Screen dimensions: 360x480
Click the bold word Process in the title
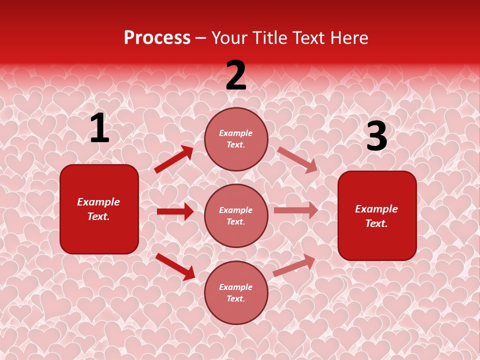[x=157, y=38]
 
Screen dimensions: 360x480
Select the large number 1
[x=99, y=128]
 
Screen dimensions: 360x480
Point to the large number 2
[x=236, y=76]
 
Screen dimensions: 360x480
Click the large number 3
[x=376, y=136]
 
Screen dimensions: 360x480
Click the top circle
[x=236, y=139]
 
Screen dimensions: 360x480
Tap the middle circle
[x=236, y=215]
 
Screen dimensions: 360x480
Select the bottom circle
[x=236, y=292]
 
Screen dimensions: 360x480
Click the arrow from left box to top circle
[x=173, y=159]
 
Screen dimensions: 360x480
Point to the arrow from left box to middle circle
[x=175, y=211]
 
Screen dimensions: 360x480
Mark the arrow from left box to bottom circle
[x=175, y=266]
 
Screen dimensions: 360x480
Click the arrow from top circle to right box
[x=297, y=160]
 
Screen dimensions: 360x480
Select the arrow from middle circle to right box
[x=296, y=210]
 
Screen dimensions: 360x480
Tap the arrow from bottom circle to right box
[x=294, y=265]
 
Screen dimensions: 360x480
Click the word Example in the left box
[x=98, y=202]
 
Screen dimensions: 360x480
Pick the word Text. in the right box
[x=376, y=223]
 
